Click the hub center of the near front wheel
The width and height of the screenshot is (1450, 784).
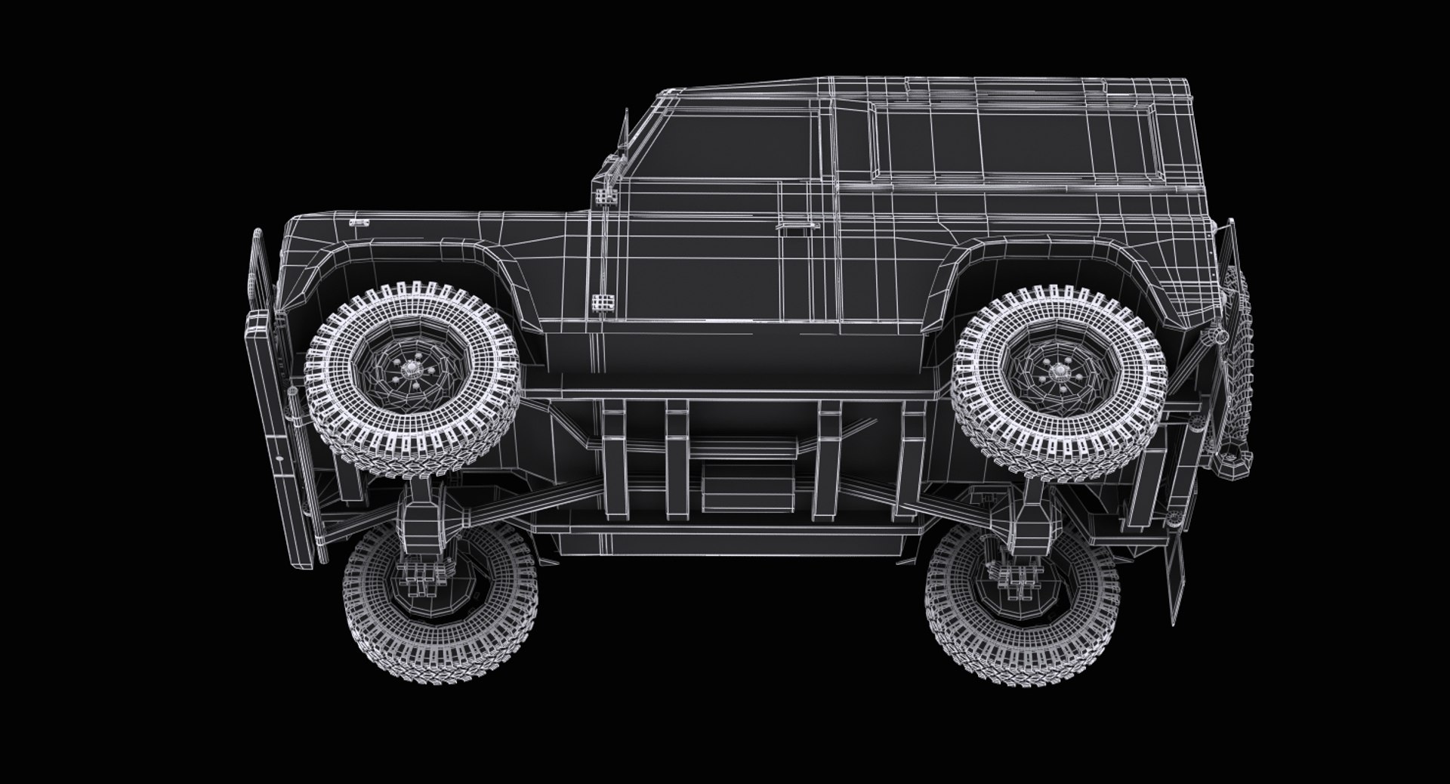(x=412, y=369)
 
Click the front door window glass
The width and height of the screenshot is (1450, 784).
(x=725, y=147)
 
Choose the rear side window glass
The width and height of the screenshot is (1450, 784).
(x=1012, y=140)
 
